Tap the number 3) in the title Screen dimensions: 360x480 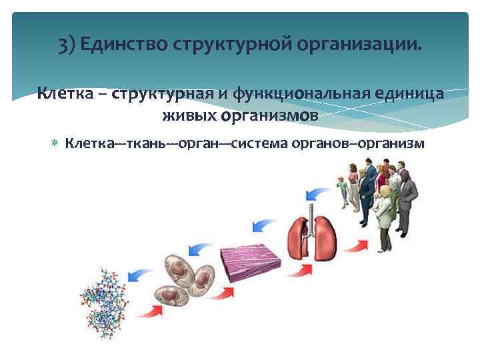(67, 46)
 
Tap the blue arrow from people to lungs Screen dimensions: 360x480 (322, 194)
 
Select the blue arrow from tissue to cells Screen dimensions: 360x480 (199, 250)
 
